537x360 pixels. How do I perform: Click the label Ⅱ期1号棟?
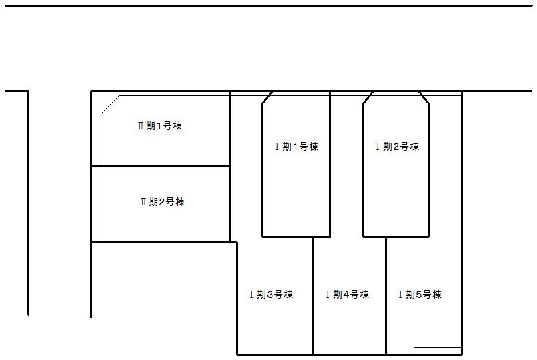(x=159, y=127)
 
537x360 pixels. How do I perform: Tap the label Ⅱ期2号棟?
(x=162, y=202)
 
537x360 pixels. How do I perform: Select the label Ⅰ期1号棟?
(x=296, y=147)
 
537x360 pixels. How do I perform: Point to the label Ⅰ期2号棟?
(x=397, y=147)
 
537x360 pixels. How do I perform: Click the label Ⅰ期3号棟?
(x=271, y=295)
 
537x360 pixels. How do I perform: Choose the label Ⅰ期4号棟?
(x=347, y=295)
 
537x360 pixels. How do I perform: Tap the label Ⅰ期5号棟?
(x=420, y=295)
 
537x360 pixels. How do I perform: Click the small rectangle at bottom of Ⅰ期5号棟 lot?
(x=437, y=351)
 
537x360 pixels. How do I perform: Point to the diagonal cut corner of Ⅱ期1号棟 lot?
(x=110, y=105)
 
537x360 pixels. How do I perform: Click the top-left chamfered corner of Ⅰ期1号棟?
(x=267, y=97)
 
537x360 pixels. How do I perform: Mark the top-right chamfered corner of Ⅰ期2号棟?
(x=424, y=97)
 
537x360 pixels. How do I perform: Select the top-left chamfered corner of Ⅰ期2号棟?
(x=367, y=97)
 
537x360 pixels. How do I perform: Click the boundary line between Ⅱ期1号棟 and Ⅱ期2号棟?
(x=160, y=166)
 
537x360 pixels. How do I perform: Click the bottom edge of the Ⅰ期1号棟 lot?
(x=296, y=236)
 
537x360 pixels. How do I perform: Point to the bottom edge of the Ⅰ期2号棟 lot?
(x=396, y=236)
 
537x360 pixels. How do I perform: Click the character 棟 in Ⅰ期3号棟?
(x=288, y=295)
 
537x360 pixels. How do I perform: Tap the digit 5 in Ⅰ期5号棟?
(x=418, y=295)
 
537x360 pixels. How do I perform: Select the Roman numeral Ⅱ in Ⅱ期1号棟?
(x=141, y=127)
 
